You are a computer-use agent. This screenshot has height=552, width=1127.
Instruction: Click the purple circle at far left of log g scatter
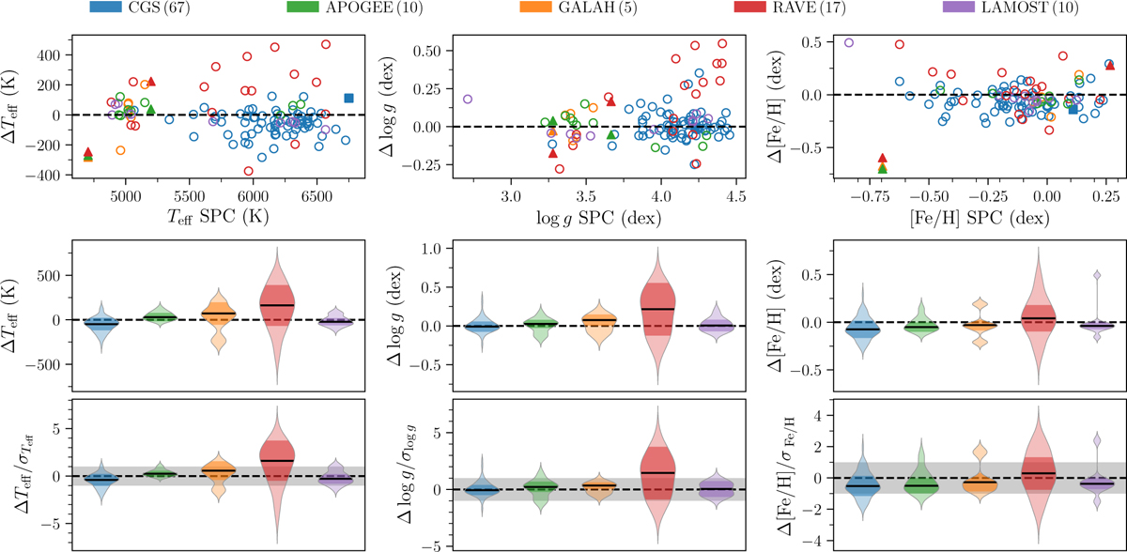(468, 99)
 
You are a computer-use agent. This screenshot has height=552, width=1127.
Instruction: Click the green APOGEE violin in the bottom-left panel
(162, 474)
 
